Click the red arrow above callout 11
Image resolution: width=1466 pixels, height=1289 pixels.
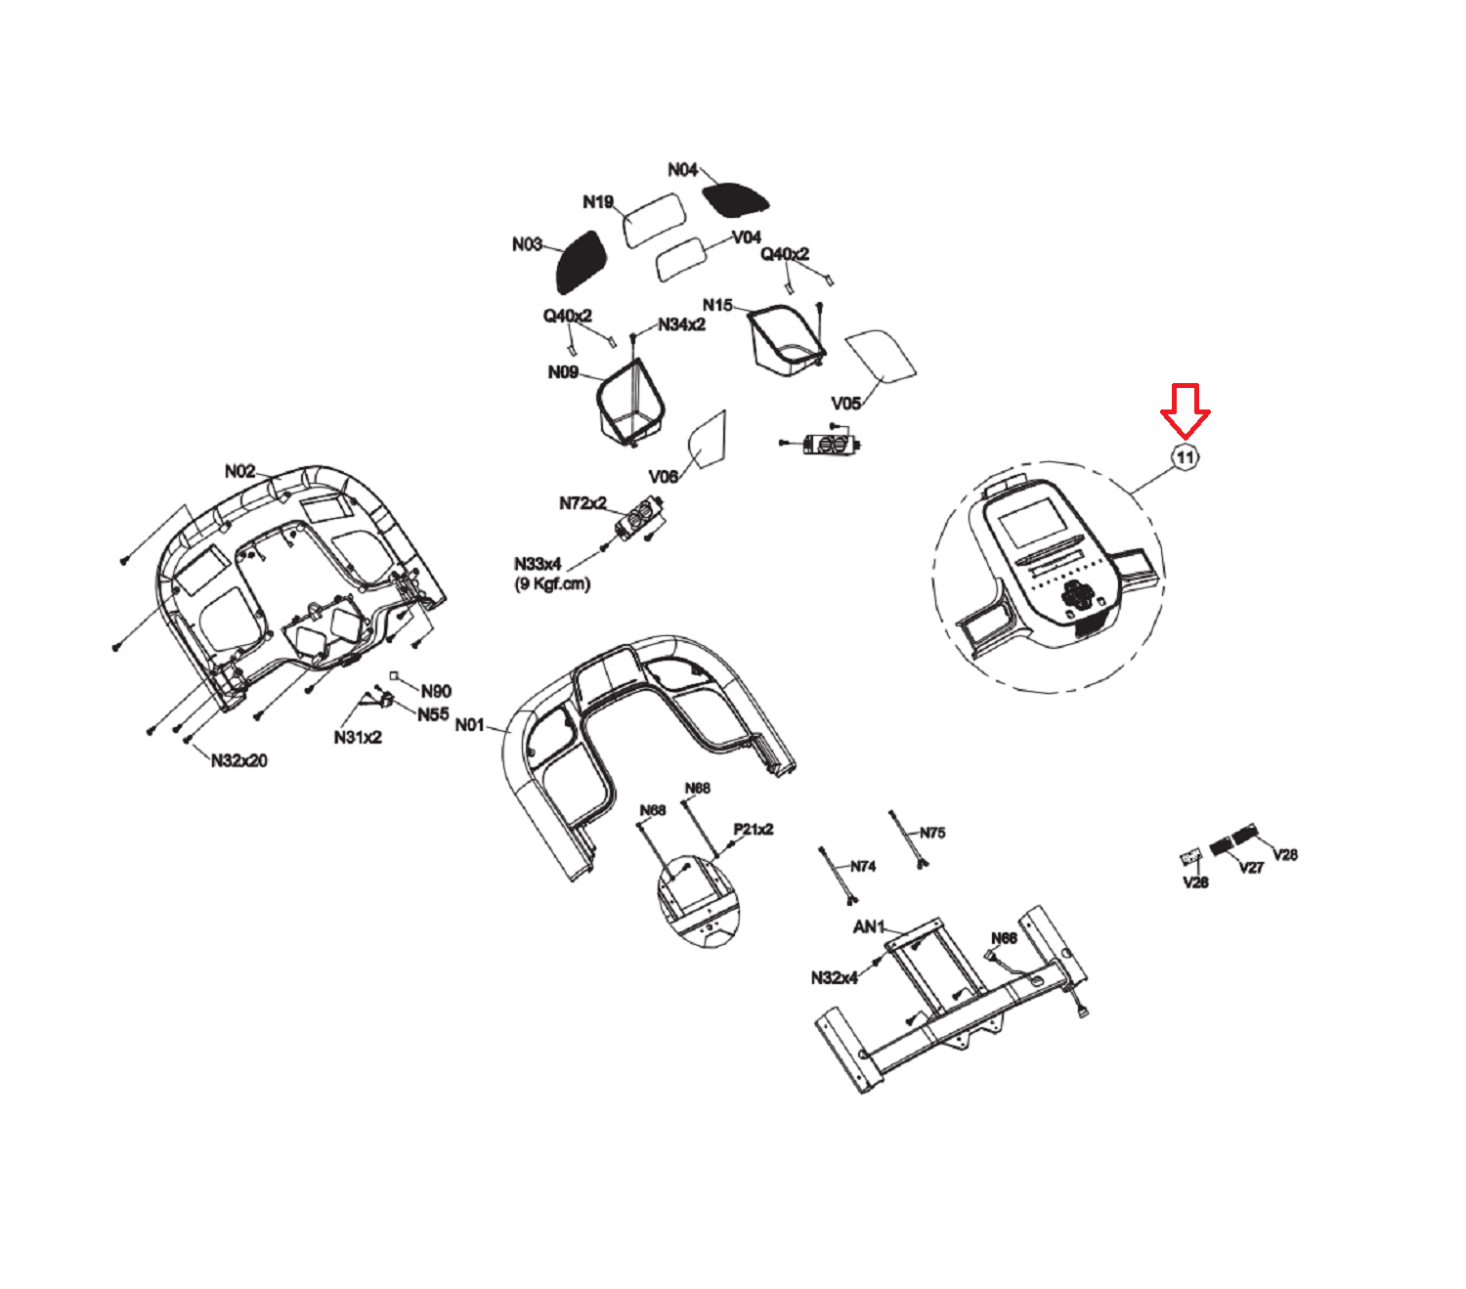[1185, 410]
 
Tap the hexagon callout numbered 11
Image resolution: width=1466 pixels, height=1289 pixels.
[1185, 457]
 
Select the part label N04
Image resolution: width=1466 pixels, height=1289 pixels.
[682, 170]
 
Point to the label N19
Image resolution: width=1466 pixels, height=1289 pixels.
[598, 202]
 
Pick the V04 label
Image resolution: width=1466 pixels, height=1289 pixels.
[746, 237]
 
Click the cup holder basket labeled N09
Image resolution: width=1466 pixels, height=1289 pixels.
[631, 402]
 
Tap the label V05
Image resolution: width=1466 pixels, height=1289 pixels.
[845, 404]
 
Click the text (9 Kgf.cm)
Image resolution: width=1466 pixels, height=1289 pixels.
[552, 583]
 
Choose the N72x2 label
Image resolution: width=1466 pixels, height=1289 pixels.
[582, 503]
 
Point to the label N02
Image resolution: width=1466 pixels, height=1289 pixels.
[239, 472]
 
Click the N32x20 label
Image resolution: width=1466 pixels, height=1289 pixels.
[238, 760]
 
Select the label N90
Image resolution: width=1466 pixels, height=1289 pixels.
[436, 691]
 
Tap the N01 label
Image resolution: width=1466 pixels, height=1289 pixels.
[469, 724]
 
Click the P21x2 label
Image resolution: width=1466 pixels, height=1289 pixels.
[754, 830]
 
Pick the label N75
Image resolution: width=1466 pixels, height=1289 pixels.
[932, 833]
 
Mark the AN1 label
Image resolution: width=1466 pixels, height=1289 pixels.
[869, 927]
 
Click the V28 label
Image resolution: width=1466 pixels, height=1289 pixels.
[1285, 855]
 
